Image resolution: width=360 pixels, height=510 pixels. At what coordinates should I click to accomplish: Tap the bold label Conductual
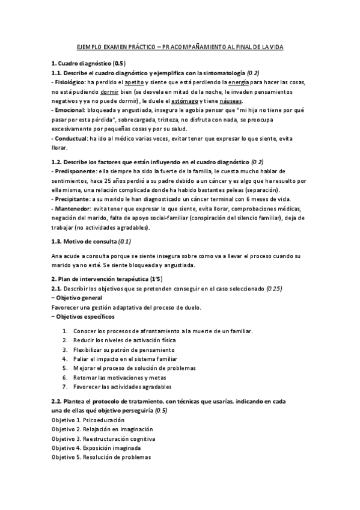click(x=71, y=138)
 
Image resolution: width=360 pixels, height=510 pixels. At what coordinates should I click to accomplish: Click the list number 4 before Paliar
click(x=65, y=358)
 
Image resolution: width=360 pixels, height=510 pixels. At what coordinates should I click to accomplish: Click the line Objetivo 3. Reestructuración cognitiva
click(x=103, y=438)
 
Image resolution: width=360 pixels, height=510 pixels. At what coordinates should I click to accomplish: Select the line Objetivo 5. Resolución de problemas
click(x=101, y=457)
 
